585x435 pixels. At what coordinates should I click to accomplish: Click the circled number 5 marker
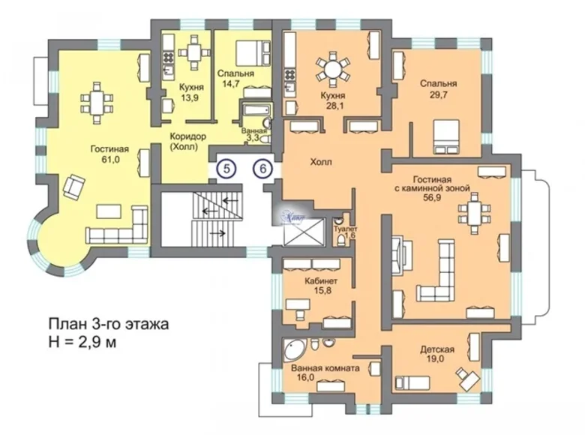pyautogui.click(x=226, y=169)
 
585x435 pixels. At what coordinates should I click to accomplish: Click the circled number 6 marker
pyautogui.click(x=262, y=169)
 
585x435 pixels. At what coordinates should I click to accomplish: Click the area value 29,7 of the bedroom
pyautogui.click(x=439, y=96)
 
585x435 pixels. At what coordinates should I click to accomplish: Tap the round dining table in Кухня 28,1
pyautogui.click(x=331, y=67)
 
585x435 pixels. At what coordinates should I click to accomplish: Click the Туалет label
pyautogui.click(x=346, y=228)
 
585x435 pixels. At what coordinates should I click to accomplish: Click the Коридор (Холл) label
pyautogui.click(x=187, y=142)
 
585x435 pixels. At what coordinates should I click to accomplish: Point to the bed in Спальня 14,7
pyautogui.click(x=253, y=54)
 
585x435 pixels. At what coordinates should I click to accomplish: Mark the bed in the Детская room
pyautogui.click(x=413, y=380)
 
